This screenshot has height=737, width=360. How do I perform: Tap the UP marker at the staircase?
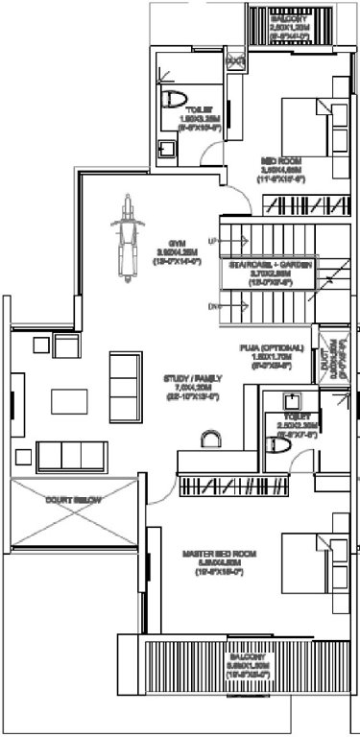click(x=212, y=240)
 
